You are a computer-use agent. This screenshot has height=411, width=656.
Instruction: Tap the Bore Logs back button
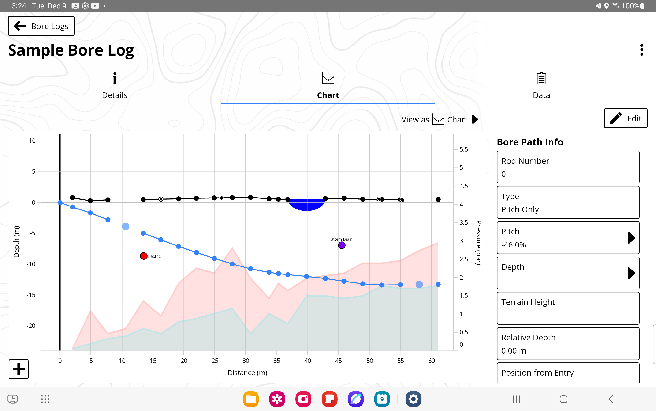[41, 26]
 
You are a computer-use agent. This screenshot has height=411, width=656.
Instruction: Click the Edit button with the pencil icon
[625, 118]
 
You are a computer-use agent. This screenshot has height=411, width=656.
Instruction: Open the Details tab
[115, 86]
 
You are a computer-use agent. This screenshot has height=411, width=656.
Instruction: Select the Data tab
[541, 86]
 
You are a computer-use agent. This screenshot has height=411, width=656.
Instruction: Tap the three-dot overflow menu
[642, 50]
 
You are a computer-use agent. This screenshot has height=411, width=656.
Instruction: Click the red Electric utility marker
[144, 256]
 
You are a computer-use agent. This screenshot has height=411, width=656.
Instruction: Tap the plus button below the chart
[19, 369]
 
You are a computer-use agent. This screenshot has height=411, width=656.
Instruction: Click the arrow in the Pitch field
[631, 238]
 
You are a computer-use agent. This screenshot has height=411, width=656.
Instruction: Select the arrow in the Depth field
[631, 273]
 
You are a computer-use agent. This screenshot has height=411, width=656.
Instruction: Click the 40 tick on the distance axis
[308, 361]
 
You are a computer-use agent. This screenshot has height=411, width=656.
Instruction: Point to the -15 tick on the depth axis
[31, 295]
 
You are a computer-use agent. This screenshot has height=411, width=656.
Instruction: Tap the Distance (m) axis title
[247, 373]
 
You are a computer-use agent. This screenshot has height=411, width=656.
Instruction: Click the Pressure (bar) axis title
[478, 243]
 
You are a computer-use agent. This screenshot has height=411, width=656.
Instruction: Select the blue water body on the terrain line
[307, 204]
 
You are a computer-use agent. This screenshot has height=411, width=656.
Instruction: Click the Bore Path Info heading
[530, 142]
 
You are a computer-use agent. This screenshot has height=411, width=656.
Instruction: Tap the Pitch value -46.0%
[514, 245]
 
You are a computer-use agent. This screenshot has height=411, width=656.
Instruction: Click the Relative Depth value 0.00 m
[514, 351]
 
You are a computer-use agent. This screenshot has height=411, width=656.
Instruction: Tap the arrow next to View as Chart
[475, 119]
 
